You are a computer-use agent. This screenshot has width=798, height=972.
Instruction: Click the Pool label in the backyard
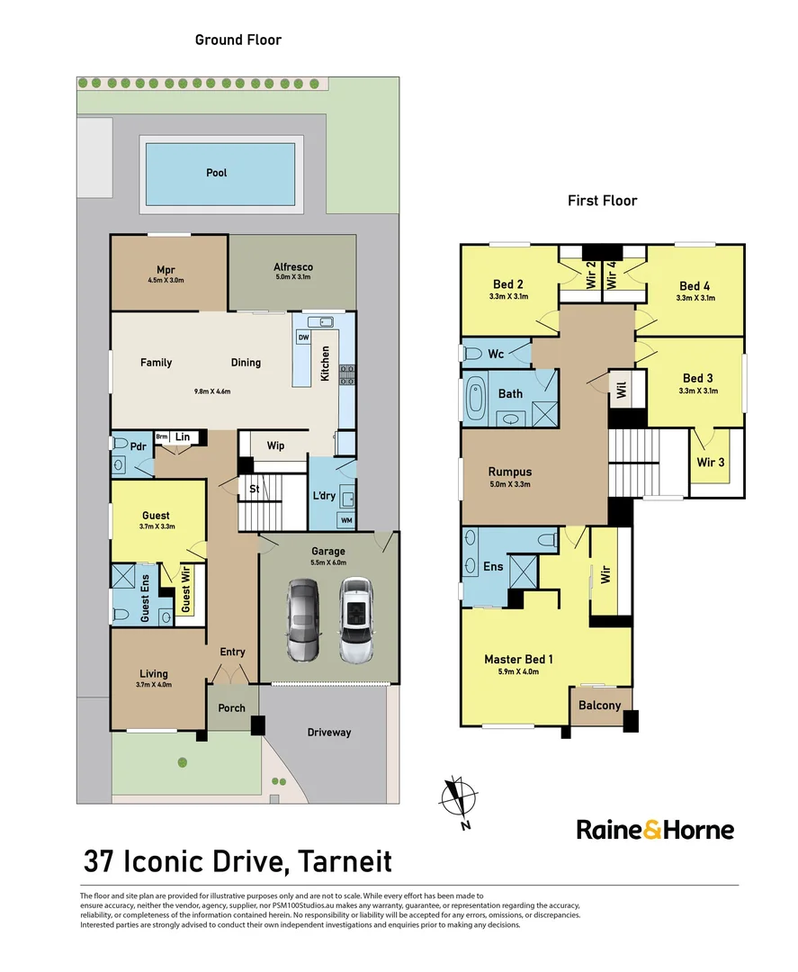(216, 173)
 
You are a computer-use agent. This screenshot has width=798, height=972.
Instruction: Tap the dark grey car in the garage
(303, 620)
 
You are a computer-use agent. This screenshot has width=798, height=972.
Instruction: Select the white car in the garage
(355, 620)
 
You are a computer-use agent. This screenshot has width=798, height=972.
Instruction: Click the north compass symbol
(459, 800)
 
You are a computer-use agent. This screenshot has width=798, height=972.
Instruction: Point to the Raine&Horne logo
(655, 830)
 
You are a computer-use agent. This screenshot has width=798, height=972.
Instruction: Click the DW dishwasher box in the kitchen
(303, 337)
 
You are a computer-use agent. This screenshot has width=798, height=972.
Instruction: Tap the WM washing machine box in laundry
(346, 520)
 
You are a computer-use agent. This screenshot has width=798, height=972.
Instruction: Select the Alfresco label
(293, 267)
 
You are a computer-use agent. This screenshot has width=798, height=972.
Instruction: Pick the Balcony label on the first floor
(600, 706)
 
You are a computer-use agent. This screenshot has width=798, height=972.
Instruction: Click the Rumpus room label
(510, 472)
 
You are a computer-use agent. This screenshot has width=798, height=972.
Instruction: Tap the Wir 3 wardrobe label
(711, 463)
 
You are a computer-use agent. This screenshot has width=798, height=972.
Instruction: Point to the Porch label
(232, 708)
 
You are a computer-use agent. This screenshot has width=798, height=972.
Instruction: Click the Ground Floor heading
(238, 40)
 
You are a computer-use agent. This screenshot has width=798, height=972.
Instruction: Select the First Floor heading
(602, 201)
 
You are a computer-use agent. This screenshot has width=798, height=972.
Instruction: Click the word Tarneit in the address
(345, 861)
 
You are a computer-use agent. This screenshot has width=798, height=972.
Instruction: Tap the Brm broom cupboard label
(162, 437)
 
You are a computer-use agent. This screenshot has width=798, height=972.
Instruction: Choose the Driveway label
(329, 733)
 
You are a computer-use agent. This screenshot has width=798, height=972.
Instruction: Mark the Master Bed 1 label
(518, 660)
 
